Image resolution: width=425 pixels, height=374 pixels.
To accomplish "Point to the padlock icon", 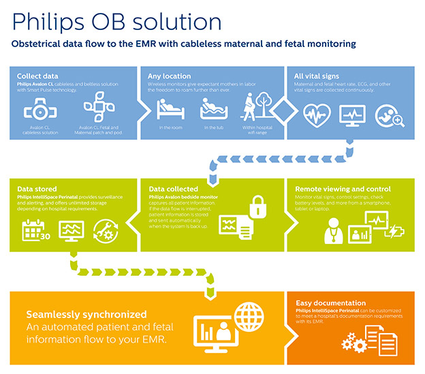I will (257, 206).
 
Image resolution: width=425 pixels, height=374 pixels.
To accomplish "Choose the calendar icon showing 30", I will (34, 232).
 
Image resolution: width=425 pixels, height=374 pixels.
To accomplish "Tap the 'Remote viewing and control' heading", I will (343, 189).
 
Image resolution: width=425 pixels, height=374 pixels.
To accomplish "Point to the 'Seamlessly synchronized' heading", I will (86, 314).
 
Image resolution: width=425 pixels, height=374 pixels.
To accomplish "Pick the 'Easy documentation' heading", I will (330, 303).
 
